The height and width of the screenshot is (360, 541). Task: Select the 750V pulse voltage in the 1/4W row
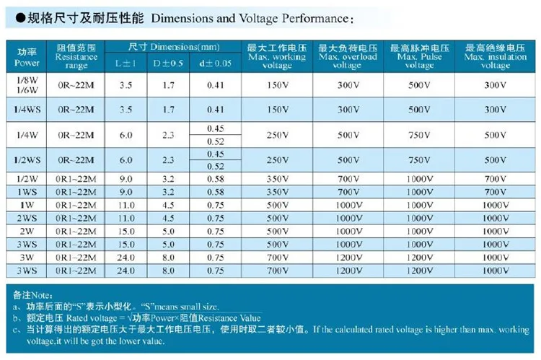click(419, 135)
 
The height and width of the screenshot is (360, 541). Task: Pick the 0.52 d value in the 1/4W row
click(215, 141)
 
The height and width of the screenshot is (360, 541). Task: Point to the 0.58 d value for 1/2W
click(215, 179)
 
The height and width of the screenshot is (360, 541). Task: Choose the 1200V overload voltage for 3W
click(348, 257)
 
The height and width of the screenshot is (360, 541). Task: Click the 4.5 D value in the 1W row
click(168, 205)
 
